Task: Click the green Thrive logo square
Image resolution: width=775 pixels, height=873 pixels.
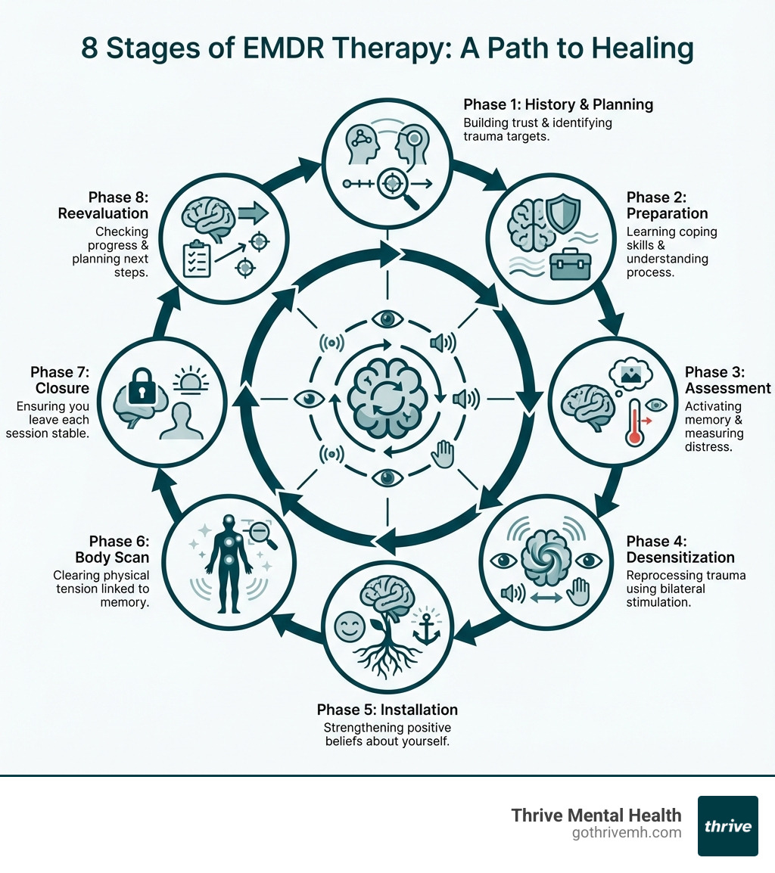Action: pyautogui.click(x=727, y=825)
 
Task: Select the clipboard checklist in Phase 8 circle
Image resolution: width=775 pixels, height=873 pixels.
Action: pyautogui.click(x=196, y=258)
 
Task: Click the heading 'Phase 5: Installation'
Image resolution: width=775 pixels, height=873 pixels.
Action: pyautogui.click(x=387, y=710)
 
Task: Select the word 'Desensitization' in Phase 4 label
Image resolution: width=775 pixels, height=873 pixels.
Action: pyautogui.click(x=680, y=558)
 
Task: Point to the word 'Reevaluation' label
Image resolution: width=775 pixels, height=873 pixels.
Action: pyautogui.click(x=103, y=213)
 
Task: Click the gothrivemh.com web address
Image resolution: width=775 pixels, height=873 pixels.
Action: pyautogui.click(x=627, y=833)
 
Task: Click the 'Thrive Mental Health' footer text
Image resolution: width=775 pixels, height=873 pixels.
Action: pyautogui.click(x=596, y=815)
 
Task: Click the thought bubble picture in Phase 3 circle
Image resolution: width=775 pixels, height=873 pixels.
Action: pyautogui.click(x=630, y=373)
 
